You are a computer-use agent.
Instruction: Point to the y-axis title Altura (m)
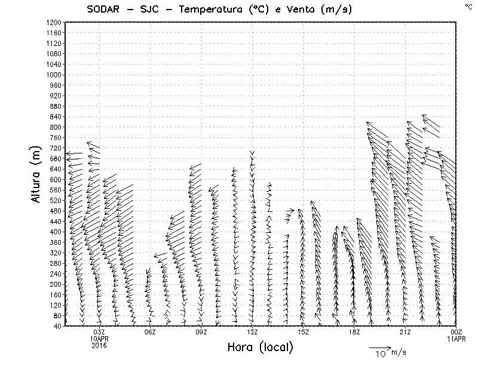coord(38,173)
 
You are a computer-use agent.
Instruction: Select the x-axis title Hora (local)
coord(260,348)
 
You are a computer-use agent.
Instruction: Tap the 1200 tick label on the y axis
coord(53,22)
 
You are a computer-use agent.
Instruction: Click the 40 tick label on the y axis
coord(57,326)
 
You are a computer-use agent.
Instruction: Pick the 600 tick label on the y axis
coord(55,179)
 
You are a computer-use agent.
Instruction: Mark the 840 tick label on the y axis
coord(55,116)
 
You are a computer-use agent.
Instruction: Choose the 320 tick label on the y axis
coord(55,253)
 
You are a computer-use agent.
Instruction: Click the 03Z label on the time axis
coord(99,332)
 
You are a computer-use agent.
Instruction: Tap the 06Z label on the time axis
coord(150,332)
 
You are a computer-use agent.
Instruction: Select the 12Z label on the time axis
coord(252,332)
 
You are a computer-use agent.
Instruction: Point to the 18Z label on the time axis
coord(354,332)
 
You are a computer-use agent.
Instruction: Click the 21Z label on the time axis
coord(405,332)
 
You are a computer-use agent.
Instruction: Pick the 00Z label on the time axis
coord(456,332)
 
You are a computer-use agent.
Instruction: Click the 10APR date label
coord(99,339)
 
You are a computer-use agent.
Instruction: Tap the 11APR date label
coord(456,339)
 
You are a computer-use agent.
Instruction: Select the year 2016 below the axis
coord(99,345)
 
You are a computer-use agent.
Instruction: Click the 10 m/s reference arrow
coord(379,347)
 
